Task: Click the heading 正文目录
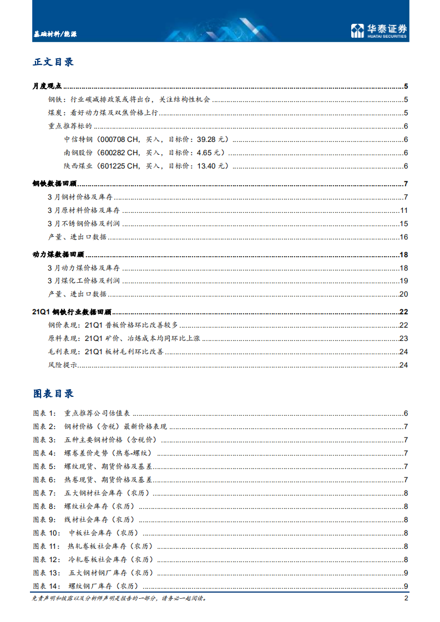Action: (53, 62)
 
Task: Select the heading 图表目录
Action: (53, 394)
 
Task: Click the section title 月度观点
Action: (48, 86)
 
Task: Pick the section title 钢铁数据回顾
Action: (55, 184)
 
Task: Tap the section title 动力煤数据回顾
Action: (58, 254)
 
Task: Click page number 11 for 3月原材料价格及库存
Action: (404, 211)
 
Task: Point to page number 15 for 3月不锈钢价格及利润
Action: (404, 224)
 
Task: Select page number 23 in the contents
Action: (404, 339)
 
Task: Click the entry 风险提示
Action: (62, 365)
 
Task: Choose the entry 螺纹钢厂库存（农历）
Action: (103, 587)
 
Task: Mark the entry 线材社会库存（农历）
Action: (99, 520)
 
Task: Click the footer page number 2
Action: (406, 599)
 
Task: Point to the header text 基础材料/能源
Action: (54, 34)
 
